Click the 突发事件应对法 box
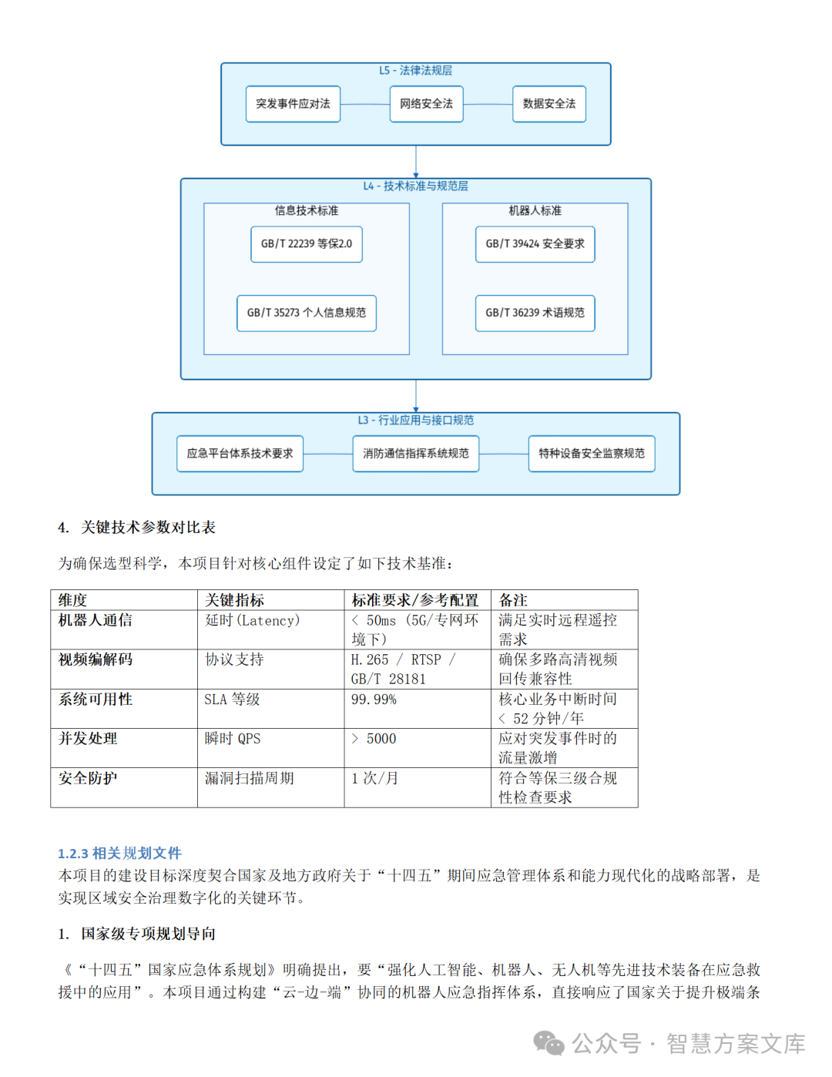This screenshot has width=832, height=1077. click(x=293, y=104)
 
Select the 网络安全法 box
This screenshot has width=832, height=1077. click(x=426, y=104)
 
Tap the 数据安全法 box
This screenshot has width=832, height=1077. click(x=549, y=104)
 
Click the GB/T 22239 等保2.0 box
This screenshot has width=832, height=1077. click(x=307, y=244)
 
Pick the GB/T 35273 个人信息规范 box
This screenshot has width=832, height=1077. click(x=307, y=313)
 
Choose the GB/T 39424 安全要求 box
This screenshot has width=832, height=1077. click(x=535, y=244)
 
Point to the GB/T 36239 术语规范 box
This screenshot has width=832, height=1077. click(x=535, y=313)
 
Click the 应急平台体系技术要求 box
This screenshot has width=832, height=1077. click(x=240, y=454)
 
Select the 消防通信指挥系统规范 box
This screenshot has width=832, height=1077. click(x=416, y=454)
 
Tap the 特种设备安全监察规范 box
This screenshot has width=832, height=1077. click(x=592, y=454)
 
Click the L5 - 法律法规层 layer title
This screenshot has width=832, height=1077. click(x=416, y=71)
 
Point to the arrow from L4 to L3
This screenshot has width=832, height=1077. click(x=416, y=396)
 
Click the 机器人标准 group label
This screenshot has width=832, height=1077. click(x=535, y=210)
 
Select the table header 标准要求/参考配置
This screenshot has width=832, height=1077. click(x=415, y=600)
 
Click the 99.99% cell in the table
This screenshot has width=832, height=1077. click(x=374, y=700)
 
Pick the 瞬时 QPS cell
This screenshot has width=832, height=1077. click(x=233, y=739)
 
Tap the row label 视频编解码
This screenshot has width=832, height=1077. click(x=96, y=659)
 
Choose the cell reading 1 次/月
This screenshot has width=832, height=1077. click(x=375, y=778)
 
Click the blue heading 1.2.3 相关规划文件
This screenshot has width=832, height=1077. click(x=119, y=853)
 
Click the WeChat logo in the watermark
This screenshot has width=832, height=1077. click(x=549, y=1043)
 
